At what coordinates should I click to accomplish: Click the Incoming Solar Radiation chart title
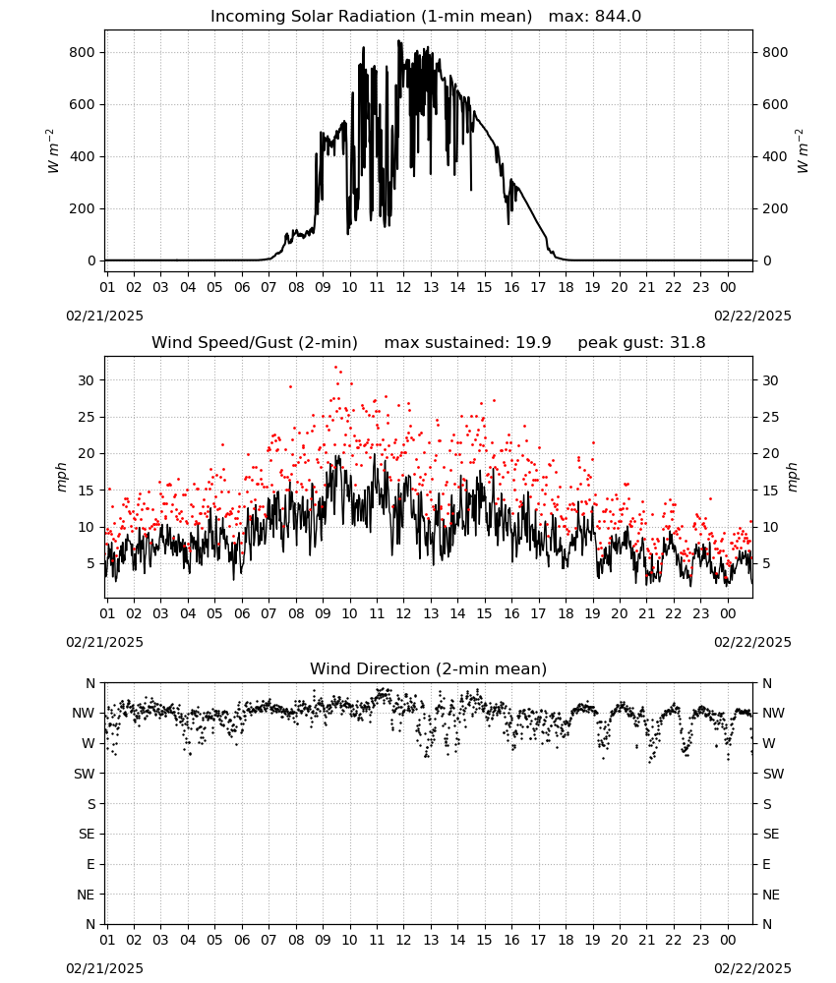[x=371, y=17]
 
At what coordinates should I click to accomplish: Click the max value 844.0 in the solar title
[x=618, y=17]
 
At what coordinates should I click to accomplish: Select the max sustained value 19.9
[x=533, y=343]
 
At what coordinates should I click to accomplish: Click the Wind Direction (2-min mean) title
[x=429, y=668]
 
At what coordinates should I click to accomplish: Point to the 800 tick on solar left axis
[x=83, y=53]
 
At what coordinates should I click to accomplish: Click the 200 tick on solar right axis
[x=775, y=208]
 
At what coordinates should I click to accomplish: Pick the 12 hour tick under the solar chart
[x=403, y=287]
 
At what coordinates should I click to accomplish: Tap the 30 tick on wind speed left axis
[x=86, y=380]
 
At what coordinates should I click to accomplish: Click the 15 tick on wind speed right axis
[x=770, y=491]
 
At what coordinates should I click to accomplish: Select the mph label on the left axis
[x=61, y=477]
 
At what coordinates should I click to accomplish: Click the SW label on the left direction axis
[x=85, y=774]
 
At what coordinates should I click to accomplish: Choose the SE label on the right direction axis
[x=771, y=834]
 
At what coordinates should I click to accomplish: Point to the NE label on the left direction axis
[x=86, y=895]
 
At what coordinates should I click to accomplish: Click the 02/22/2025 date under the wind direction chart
[x=752, y=968]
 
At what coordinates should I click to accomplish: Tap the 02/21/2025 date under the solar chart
[x=104, y=316]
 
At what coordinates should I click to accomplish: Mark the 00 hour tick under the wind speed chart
[x=728, y=613]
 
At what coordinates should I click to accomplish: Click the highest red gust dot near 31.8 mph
[x=335, y=368]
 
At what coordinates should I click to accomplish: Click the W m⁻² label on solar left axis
[x=53, y=151]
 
